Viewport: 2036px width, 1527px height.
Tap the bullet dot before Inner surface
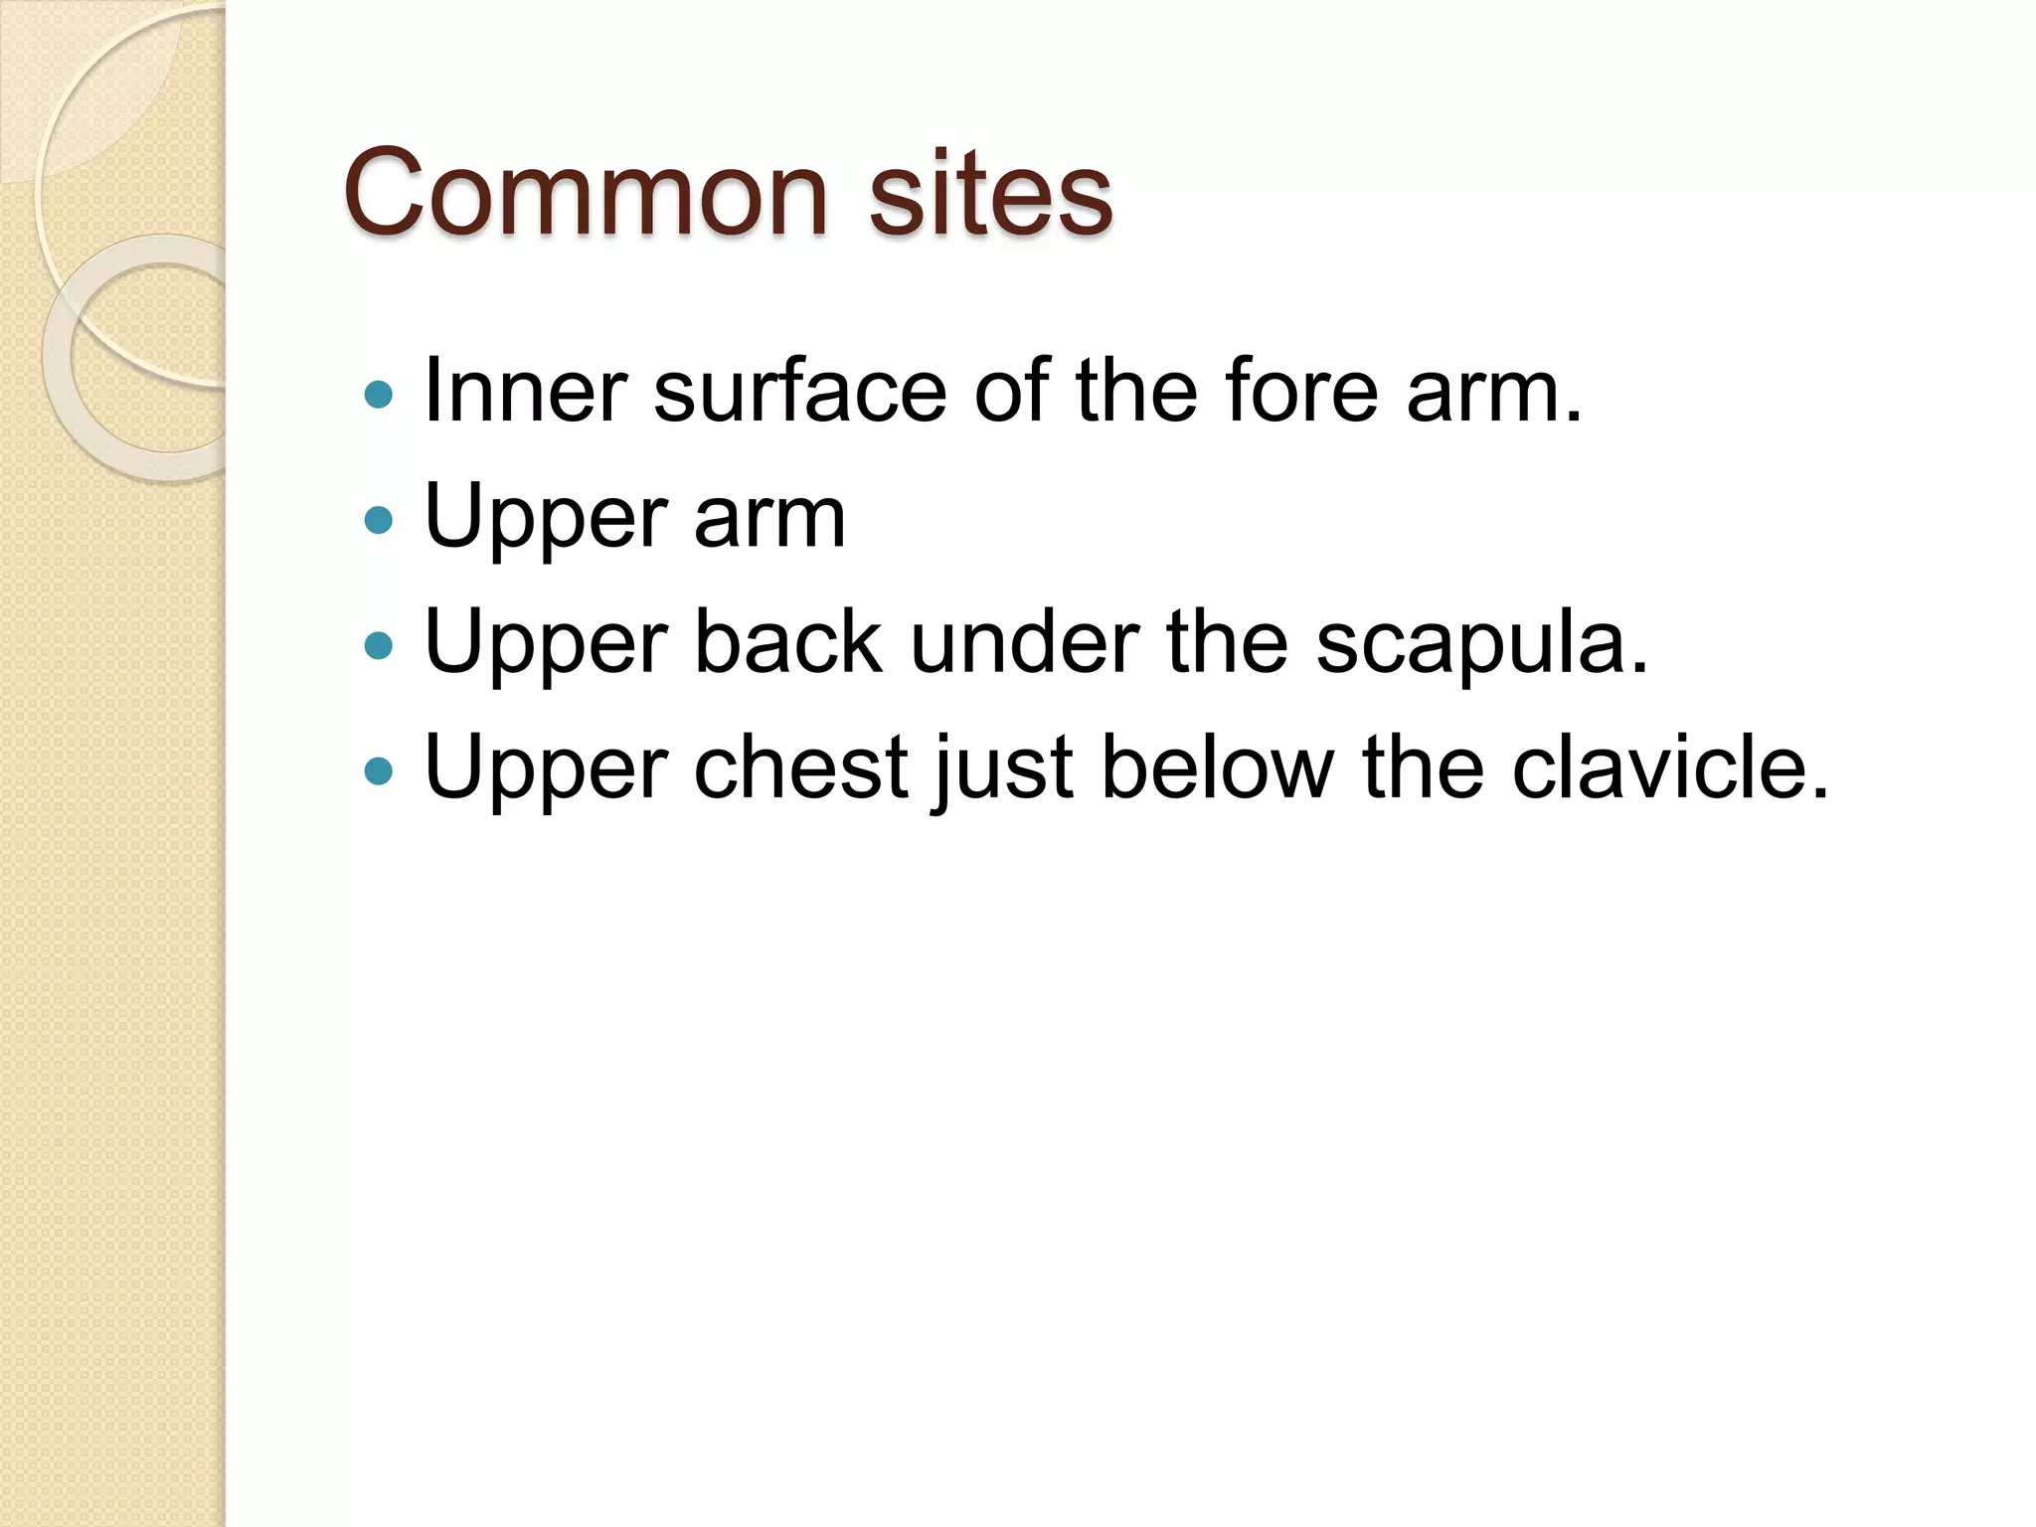coord(379,395)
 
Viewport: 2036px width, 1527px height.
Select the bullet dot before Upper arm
coord(379,519)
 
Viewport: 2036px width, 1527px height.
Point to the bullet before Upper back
coord(379,646)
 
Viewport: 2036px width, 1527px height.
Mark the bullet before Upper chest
coord(379,770)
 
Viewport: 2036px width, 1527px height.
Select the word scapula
coord(1481,644)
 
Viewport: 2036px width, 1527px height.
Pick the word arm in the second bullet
coord(769,519)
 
